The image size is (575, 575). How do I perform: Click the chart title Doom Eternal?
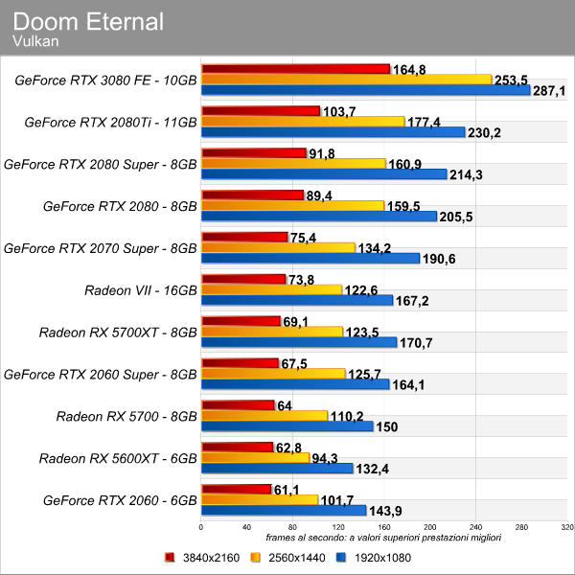pyautogui.click(x=88, y=21)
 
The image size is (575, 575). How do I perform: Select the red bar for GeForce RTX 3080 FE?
pyautogui.click(x=295, y=69)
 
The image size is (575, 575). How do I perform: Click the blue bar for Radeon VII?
pyautogui.click(x=297, y=300)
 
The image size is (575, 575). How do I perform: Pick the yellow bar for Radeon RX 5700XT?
pyautogui.click(x=271, y=332)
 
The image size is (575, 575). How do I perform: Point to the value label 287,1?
pyautogui.click(x=549, y=91)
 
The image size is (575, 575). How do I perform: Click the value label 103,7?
pyautogui.click(x=339, y=112)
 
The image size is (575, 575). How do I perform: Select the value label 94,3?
pyautogui.click(x=329, y=458)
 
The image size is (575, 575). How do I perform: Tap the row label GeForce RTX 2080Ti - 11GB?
pyautogui.click(x=110, y=122)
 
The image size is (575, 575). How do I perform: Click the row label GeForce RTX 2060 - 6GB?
pyautogui.click(x=120, y=499)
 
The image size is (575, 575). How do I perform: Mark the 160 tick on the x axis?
pyautogui.click(x=384, y=527)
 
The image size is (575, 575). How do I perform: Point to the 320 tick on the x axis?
pyautogui.click(x=566, y=527)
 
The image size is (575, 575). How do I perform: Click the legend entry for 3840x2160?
pyautogui.click(x=203, y=557)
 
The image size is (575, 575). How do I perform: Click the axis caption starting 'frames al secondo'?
pyautogui.click(x=383, y=538)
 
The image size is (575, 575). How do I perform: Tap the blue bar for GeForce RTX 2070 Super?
pyautogui.click(x=310, y=258)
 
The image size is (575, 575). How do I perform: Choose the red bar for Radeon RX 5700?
pyautogui.click(x=238, y=405)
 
